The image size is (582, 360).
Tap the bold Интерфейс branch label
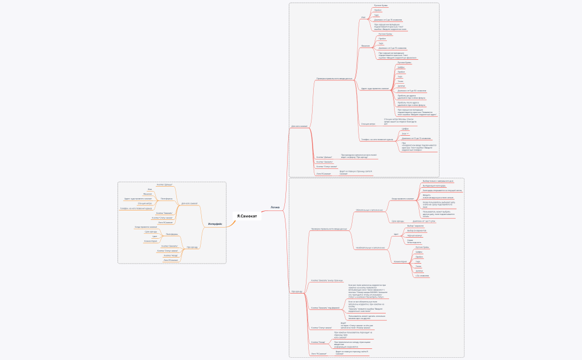pyautogui.click(x=215, y=224)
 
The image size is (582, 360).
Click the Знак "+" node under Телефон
pyautogui.click(x=405, y=133)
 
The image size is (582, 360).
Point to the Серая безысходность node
pyautogui.click(x=414, y=241)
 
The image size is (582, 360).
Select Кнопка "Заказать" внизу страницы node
pyautogui.click(x=327, y=281)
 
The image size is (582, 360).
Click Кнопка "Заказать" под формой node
pyautogui.click(x=325, y=307)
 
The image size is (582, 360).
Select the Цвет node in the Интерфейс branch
pyautogui.click(x=155, y=236)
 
